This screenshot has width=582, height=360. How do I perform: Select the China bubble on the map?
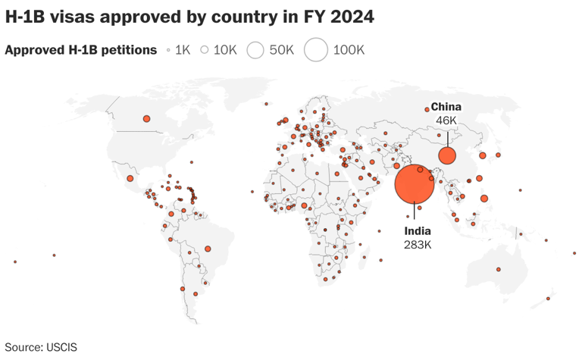coord(447,156)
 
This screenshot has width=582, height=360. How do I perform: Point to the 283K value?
coord(418,244)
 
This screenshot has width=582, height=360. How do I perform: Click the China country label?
coord(446,107)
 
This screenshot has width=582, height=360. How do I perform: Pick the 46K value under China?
coord(446,121)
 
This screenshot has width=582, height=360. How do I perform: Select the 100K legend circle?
coord(315,50)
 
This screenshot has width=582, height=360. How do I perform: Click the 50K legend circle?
coord(255,50)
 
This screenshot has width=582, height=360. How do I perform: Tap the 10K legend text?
coord(225,50)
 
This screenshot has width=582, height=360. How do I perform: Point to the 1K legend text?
coord(183,50)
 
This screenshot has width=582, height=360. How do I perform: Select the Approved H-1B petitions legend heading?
coord(80,50)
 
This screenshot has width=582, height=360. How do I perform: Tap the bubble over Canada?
coord(147,118)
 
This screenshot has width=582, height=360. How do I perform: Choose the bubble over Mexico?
coord(130,179)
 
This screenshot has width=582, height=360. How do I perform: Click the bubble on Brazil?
coord(208,249)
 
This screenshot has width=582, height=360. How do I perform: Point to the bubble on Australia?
coord(499,269)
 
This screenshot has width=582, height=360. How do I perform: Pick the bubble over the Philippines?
coord(484,199)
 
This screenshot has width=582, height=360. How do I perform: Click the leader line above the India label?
coord(415,214)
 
